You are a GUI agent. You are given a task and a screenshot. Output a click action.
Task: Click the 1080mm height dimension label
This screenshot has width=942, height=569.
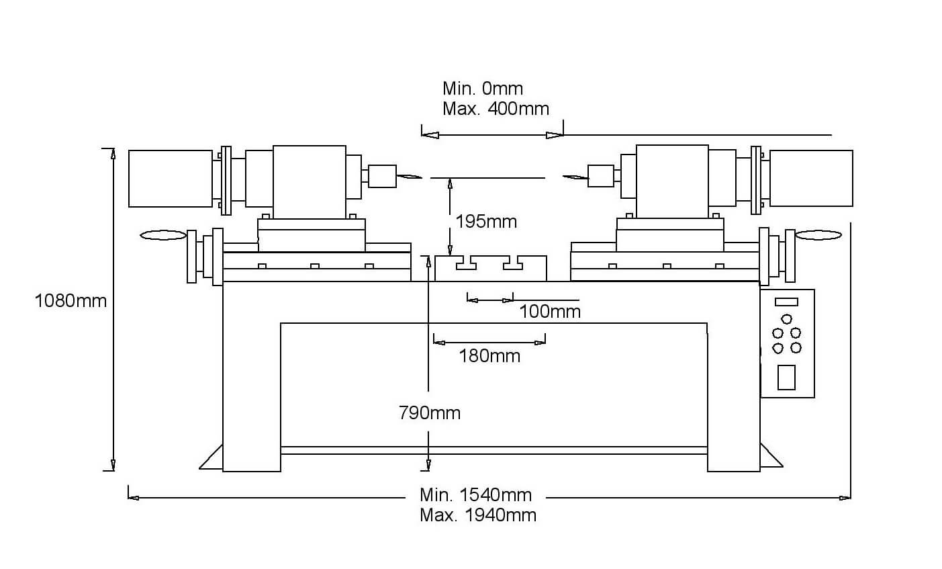pos(70,301)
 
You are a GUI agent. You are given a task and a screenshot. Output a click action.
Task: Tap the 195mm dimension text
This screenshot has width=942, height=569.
pos(485,221)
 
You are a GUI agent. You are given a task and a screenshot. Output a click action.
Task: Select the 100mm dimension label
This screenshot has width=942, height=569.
pos(549,312)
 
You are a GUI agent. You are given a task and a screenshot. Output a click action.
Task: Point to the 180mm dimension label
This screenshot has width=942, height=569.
pos(489,355)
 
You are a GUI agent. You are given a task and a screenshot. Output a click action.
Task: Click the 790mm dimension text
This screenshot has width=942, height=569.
pos(430,412)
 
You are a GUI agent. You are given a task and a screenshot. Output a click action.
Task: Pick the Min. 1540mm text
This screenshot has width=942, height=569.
pos(475,495)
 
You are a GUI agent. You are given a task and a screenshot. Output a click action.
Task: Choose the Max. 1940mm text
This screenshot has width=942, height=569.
pos(478,515)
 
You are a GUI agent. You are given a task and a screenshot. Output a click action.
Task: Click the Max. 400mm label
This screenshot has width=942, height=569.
pos(496,109)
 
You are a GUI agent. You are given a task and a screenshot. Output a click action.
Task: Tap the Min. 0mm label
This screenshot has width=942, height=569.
pos(482,89)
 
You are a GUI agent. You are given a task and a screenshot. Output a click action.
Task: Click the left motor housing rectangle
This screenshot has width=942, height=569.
pos(171,178)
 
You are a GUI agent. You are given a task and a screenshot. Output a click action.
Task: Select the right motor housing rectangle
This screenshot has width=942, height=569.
pos(811,178)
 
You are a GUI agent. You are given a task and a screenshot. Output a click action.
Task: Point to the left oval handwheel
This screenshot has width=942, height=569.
pos(163,235)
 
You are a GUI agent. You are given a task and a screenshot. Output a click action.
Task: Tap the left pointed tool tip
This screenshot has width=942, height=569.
pos(409,177)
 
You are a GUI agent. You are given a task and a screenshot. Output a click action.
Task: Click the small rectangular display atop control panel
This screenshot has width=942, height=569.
pos(786,302)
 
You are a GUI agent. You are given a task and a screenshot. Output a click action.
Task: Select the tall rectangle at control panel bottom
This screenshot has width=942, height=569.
pos(786,377)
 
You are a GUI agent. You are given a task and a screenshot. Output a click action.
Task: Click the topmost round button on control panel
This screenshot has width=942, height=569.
pos(787,319)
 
